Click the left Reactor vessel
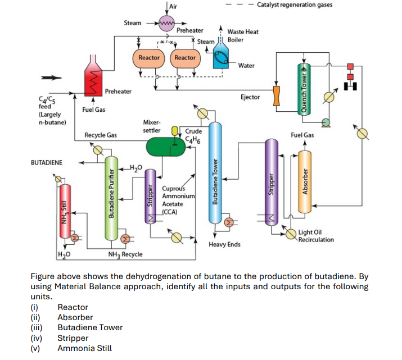click(149, 58)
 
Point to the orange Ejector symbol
click(277, 95)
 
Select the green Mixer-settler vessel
click(165, 147)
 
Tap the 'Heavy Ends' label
click(224, 245)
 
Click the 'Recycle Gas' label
click(101, 135)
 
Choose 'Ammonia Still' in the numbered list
click(84, 348)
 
